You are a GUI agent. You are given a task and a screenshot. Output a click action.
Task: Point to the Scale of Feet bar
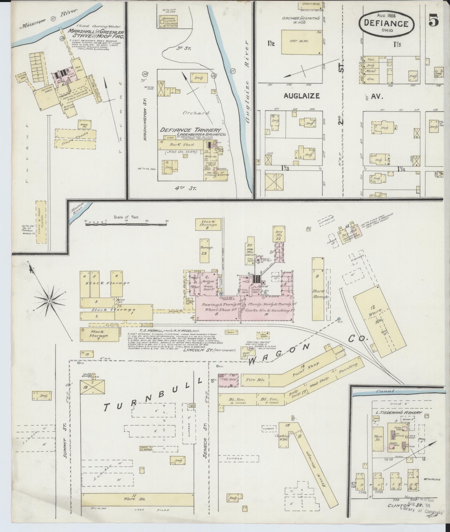click(127, 224)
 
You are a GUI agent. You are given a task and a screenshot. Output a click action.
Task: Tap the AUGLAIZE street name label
click(301, 96)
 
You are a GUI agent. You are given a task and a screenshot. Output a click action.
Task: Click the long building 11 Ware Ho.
click(138, 507)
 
